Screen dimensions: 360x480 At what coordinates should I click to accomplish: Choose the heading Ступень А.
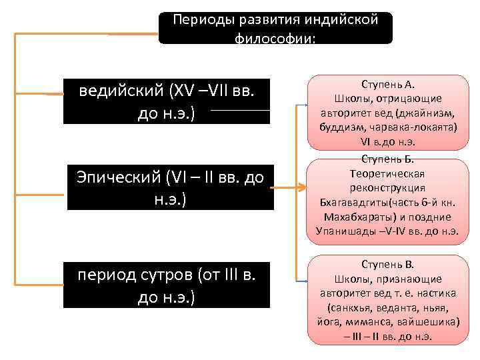[387, 85]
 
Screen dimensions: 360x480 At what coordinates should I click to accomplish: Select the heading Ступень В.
[387, 263]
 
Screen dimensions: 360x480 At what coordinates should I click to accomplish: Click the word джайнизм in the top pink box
[430, 113]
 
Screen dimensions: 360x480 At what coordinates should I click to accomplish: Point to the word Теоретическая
[387, 173]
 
